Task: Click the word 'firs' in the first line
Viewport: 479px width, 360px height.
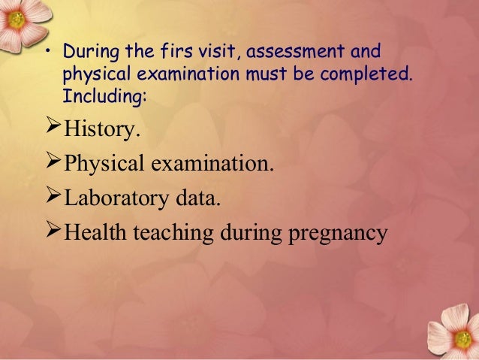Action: point(176,51)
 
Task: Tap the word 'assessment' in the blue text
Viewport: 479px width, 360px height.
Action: point(295,51)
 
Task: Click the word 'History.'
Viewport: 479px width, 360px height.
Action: point(102,129)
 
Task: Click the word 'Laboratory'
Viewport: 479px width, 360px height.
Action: point(116,198)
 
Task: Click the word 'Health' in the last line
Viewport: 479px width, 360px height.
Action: point(95,231)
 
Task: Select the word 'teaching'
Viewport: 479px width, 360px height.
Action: point(173,233)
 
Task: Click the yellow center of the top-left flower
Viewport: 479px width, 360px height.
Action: point(17,20)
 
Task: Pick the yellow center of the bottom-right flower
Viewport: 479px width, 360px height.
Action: point(463,340)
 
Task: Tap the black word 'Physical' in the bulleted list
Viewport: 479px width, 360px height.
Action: point(104,164)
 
